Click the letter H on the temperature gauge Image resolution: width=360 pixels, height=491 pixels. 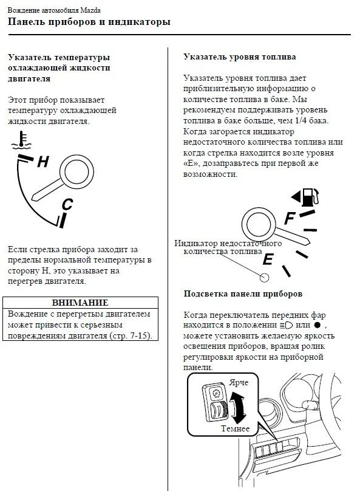(43, 162)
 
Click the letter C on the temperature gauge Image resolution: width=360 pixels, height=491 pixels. (67, 204)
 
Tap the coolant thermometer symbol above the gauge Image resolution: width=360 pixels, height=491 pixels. (21, 140)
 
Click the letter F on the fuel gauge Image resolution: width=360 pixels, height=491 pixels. (290, 218)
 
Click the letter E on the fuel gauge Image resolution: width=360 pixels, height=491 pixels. (268, 259)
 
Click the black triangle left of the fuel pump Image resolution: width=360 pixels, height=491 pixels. (296, 197)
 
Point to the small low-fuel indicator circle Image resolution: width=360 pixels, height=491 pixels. (264, 278)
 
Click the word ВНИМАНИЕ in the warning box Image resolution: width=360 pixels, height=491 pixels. (80, 303)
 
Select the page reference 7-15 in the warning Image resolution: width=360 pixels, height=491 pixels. (140, 335)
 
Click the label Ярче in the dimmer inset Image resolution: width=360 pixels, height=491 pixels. (239, 382)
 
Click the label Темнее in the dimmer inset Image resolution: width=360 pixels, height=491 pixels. (235, 428)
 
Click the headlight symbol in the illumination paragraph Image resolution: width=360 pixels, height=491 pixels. (287, 325)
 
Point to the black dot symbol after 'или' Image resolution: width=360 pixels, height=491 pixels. (317, 325)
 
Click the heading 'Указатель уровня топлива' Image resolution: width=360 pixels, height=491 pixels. (240, 57)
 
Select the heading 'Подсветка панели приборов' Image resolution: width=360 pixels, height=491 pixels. (243, 294)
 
